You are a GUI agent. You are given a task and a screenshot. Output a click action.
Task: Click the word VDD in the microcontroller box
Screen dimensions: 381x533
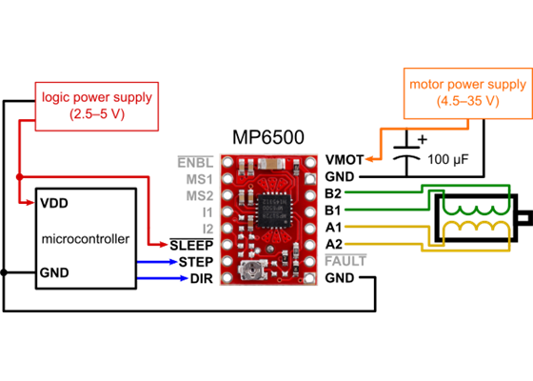pos(53,203)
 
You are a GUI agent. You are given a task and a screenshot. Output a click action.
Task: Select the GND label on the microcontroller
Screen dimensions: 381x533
pos(53,273)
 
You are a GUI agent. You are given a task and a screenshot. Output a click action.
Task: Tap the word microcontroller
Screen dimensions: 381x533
pos(85,238)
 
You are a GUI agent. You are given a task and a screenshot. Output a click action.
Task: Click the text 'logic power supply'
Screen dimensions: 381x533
pos(95,96)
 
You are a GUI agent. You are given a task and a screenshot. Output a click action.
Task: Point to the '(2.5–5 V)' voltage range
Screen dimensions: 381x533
pos(95,113)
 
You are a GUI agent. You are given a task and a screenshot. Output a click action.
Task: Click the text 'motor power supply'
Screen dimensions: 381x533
pos(466,83)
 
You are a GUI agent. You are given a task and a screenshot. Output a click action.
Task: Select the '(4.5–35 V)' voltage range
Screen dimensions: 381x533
pos(466,100)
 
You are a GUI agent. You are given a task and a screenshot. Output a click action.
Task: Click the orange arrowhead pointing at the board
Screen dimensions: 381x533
pos(368,159)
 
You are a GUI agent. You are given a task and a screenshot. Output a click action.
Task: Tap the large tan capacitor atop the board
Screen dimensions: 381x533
pos(273,163)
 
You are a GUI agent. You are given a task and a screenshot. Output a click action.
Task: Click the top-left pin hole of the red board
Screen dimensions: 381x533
pos(228,163)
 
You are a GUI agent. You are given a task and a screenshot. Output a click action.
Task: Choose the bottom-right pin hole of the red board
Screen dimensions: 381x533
pos(310,276)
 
